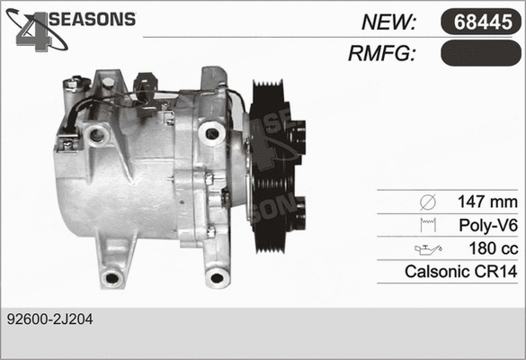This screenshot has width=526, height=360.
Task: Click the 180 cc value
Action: (494, 247)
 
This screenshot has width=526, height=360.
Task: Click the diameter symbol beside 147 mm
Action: (427, 201)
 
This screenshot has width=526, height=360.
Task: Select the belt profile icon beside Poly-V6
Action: (427, 224)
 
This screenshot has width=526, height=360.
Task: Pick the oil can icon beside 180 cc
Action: (426, 247)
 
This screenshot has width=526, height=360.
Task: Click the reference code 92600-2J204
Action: (49, 319)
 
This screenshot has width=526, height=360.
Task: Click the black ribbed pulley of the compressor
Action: (274, 166)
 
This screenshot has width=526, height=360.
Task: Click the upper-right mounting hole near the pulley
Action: (212, 133)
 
